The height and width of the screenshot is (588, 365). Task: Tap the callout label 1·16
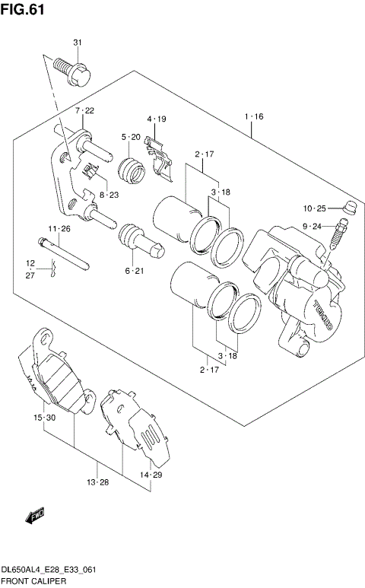coord(253,117)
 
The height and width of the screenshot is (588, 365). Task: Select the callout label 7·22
coord(84,111)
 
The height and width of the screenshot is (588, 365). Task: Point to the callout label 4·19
coord(157,119)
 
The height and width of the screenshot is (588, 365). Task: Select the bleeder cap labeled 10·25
coord(351,206)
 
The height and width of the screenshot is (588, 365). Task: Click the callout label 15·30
coord(44,418)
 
